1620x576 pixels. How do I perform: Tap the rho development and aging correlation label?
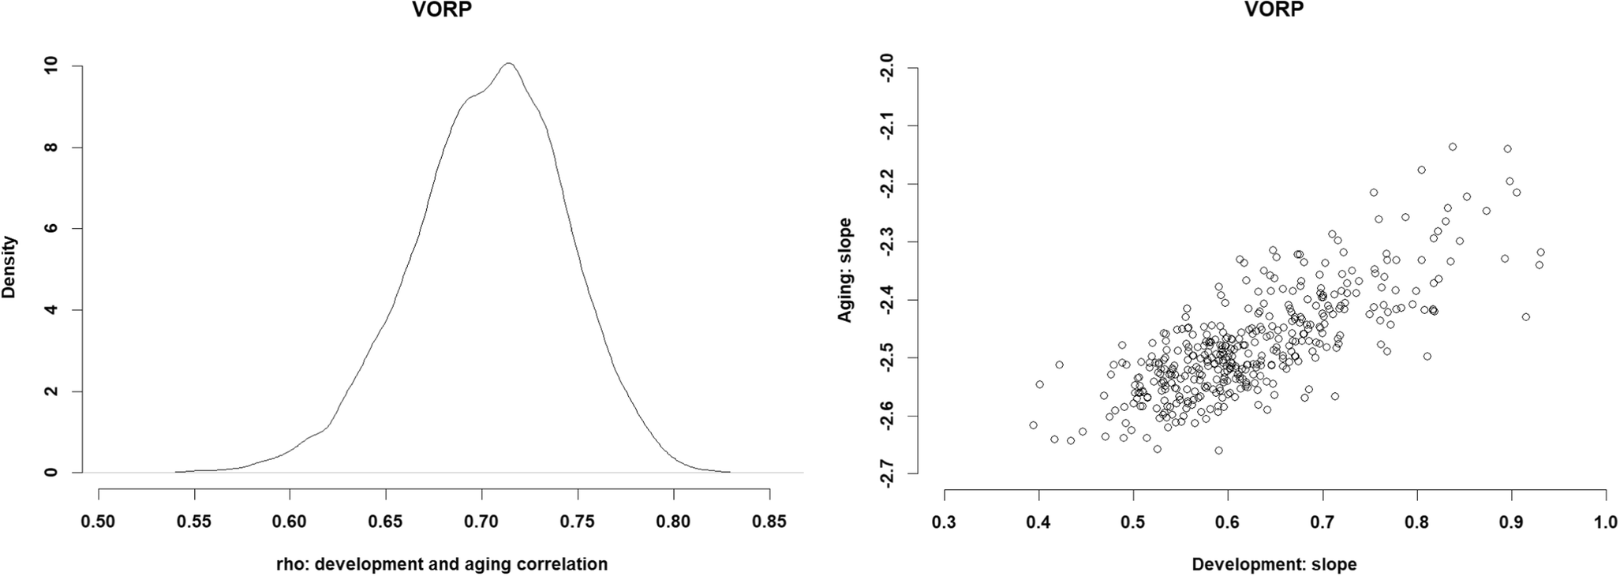tap(442, 564)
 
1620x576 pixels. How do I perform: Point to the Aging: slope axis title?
tap(845, 270)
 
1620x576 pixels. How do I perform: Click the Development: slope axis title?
tap(1274, 564)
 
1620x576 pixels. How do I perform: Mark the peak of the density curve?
tap(509, 63)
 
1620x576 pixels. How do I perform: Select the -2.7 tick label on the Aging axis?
tap(889, 473)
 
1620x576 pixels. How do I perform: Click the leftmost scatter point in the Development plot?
tap(1033, 425)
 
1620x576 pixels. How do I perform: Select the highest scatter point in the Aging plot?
tap(1452, 147)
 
